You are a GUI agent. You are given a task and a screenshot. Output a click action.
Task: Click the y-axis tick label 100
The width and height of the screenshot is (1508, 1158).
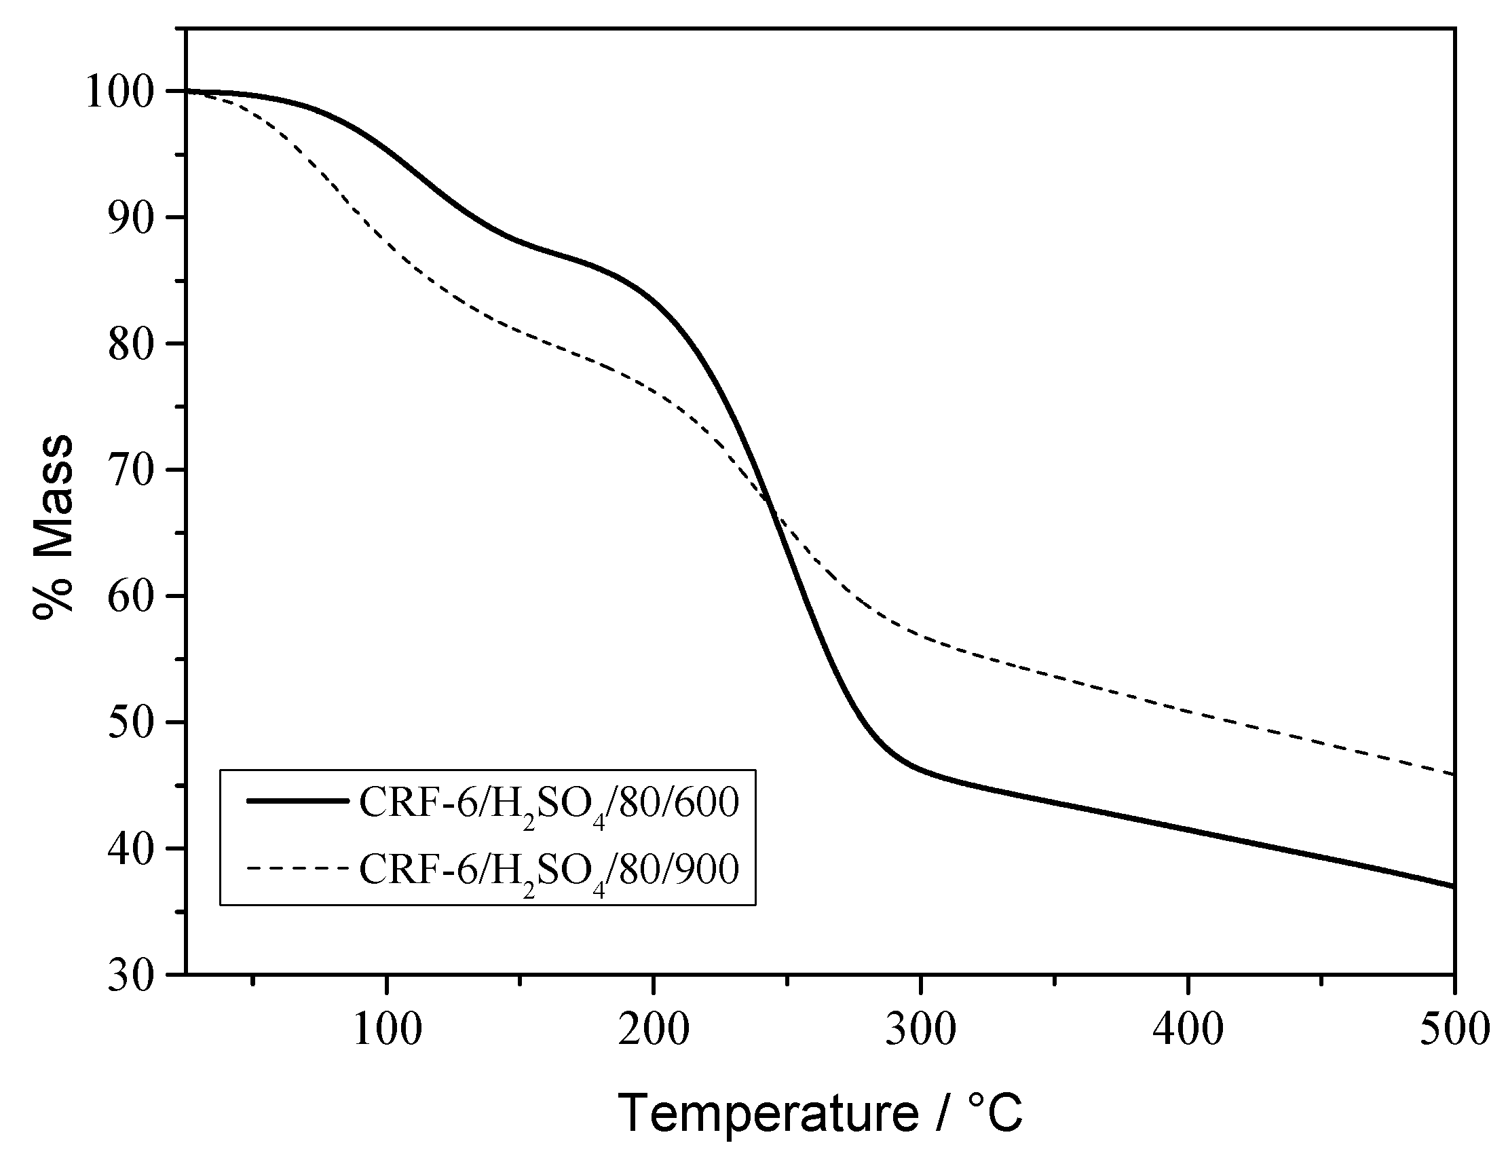click(x=126, y=93)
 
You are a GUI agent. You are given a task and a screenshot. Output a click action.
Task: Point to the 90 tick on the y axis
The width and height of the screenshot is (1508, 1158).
click(x=137, y=219)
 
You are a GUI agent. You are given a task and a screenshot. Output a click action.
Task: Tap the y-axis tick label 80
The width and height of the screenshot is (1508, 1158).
click(x=137, y=345)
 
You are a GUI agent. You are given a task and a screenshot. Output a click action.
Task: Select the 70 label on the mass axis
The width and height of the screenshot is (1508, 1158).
click(x=137, y=471)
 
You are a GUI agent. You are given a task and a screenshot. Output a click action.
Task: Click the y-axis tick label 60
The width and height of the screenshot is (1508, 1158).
click(x=137, y=597)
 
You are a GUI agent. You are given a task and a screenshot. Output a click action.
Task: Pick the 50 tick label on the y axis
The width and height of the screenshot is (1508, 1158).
click(x=137, y=723)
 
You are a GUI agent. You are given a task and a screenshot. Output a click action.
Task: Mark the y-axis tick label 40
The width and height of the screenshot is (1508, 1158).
click(x=137, y=849)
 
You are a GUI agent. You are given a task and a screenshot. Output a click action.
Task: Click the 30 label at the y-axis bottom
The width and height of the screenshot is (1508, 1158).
click(x=137, y=975)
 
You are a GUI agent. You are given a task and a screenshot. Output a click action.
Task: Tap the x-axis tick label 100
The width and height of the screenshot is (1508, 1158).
click(x=387, y=1030)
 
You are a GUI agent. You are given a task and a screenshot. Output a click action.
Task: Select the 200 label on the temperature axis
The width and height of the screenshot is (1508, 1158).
click(x=654, y=1030)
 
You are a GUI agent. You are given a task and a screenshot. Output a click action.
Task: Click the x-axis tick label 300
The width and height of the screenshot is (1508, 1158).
click(x=921, y=1030)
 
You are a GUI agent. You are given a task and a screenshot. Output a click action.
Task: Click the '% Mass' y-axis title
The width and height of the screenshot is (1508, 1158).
click(x=53, y=527)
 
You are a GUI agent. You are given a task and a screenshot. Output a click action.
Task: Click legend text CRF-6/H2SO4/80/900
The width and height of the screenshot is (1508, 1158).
click(x=548, y=870)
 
